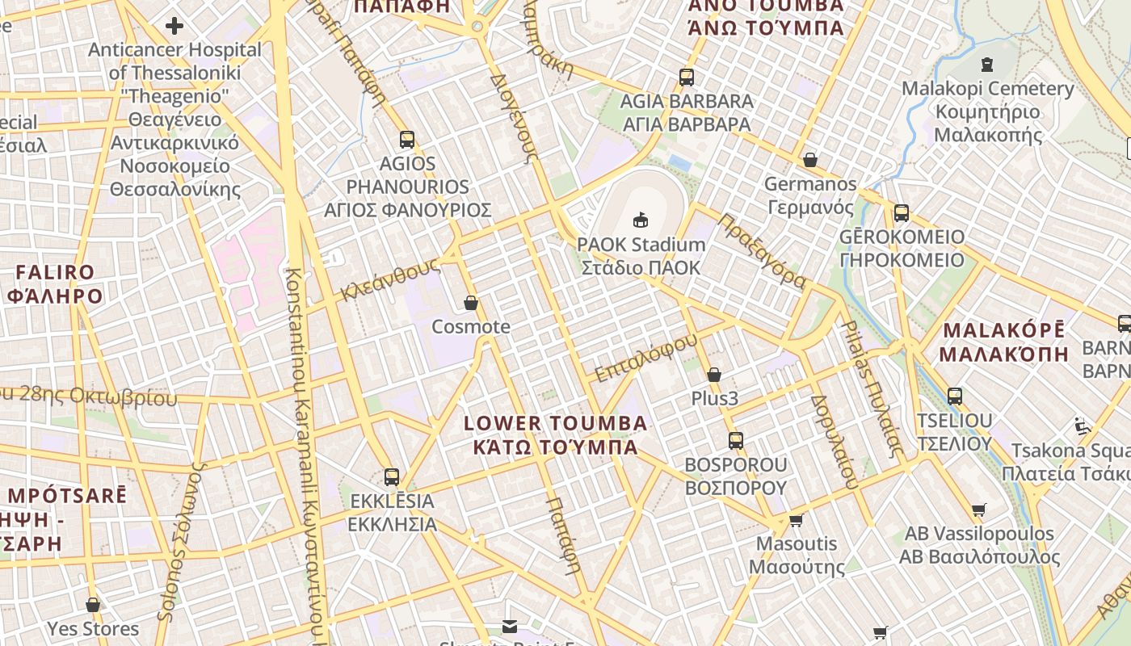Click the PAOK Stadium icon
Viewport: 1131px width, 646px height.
[x=641, y=220]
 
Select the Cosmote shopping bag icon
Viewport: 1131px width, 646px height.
[x=471, y=304]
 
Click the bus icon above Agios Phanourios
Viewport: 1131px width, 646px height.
[x=407, y=139]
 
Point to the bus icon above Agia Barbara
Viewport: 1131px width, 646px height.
[x=687, y=78]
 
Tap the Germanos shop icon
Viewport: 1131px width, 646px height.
[x=810, y=160]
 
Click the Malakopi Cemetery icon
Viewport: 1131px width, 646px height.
[x=986, y=65]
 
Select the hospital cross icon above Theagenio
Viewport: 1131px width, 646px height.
[x=174, y=27]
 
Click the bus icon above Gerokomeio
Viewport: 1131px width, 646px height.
[x=902, y=213]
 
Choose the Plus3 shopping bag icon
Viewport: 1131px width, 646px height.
[x=714, y=375]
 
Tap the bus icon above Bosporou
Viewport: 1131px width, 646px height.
[x=736, y=441]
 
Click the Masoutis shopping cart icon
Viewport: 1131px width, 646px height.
[x=796, y=520]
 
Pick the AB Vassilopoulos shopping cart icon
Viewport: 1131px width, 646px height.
[x=979, y=510]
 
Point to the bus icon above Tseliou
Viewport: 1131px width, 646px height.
[x=955, y=396]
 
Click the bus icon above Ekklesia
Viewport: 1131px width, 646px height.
[x=392, y=477]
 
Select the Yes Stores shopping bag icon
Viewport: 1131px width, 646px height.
[x=93, y=605]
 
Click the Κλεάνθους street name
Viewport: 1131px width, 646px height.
[x=390, y=279]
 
